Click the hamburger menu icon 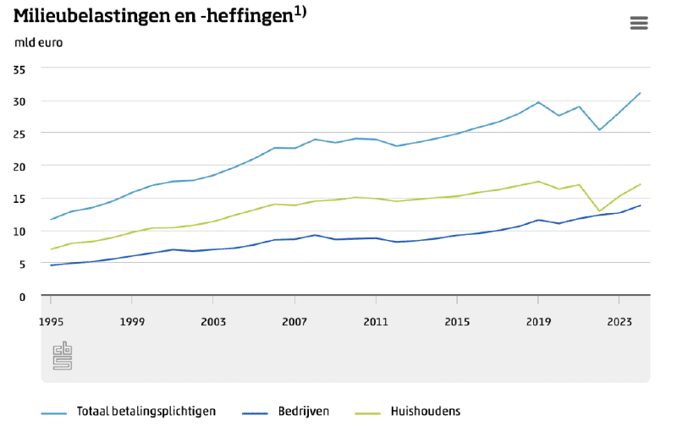click(639, 23)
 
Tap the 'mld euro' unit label click(38, 42)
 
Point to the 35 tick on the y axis click(20, 68)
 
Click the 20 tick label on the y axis click(20, 167)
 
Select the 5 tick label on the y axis click(23, 264)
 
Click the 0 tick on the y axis click(23, 297)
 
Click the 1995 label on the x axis click(51, 321)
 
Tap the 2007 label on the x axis click(294, 321)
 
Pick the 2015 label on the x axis click(457, 321)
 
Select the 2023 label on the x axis click(619, 321)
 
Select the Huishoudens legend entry click(425, 412)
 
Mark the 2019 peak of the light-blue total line click(538, 102)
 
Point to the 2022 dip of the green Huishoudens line click(599, 211)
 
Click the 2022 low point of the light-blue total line click(599, 130)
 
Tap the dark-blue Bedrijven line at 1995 click(51, 265)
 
